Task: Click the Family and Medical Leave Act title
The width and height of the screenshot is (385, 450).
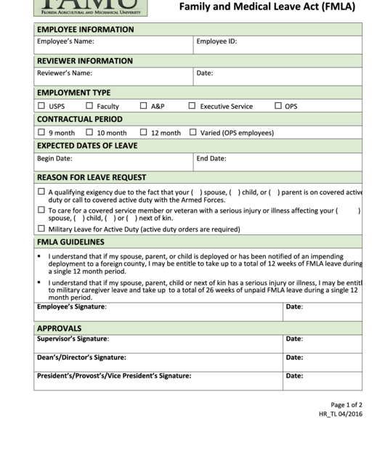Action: pyautogui.click(x=267, y=7)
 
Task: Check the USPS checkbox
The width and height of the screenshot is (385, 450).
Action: pyautogui.click(x=41, y=106)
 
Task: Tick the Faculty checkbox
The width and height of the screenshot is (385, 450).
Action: pyautogui.click(x=89, y=106)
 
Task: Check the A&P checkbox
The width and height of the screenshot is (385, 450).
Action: pyautogui.click(x=144, y=106)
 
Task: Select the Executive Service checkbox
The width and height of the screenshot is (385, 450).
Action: pyautogui.click(x=192, y=106)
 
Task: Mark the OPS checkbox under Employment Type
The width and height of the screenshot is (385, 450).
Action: pyautogui.click(x=278, y=106)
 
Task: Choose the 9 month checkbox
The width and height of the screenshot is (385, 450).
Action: pyautogui.click(x=41, y=133)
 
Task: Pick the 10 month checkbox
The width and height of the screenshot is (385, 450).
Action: pyautogui.click(x=89, y=133)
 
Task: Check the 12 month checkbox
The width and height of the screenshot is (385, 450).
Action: pyautogui.click(x=144, y=133)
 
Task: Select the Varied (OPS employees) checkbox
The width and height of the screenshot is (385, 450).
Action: pyautogui.click(x=193, y=133)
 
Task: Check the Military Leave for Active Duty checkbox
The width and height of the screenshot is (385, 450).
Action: pyautogui.click(x=41, y=229)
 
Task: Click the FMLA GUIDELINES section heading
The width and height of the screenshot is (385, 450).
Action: pyautogui.click(x=70, y=242)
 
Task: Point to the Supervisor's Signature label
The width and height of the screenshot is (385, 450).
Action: pyautogui.click(x=73, y=339)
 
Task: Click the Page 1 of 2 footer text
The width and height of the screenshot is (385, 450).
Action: pyautogui.click(x=346, y=405)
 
